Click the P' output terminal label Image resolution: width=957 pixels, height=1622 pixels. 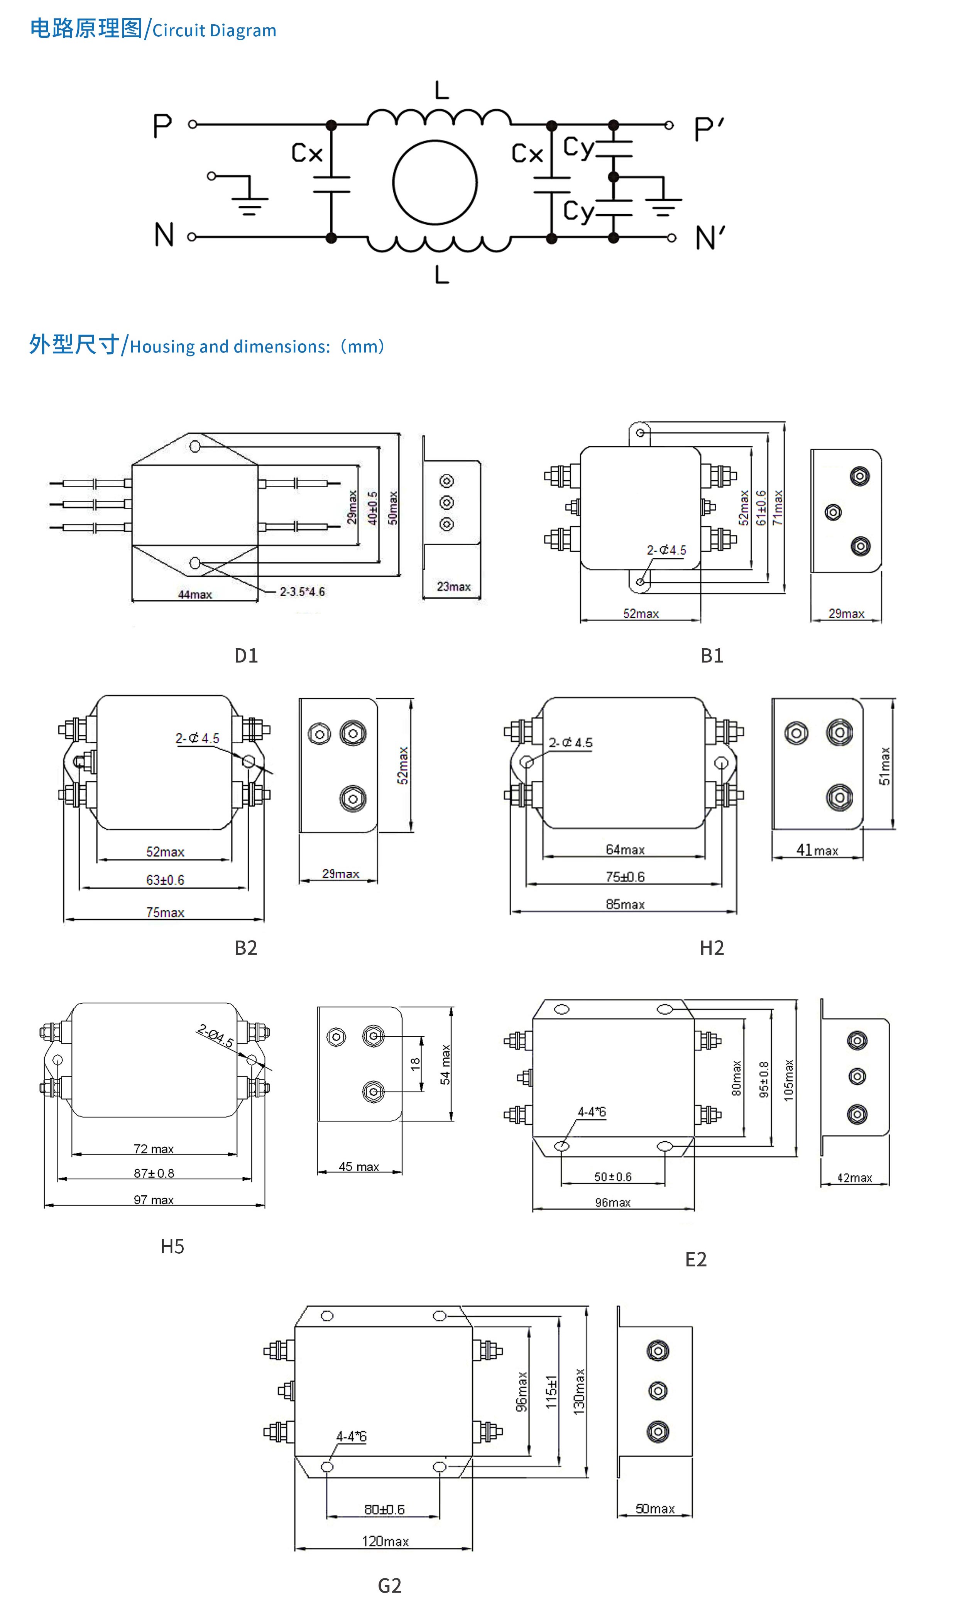point(708,129)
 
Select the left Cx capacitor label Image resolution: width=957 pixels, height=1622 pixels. point(306,154)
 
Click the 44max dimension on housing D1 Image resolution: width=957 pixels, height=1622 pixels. point(195,594)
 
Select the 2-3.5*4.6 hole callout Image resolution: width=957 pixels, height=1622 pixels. point(302,592)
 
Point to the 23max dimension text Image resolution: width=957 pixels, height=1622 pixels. point(453,586)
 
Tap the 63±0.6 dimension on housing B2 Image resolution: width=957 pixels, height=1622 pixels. point(165,880)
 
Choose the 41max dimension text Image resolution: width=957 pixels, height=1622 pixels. point(817,850)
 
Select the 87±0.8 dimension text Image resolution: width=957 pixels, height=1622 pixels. point(154,1173)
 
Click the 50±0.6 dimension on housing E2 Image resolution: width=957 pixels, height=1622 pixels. point(613,1177)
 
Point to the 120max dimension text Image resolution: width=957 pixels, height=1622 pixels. point(385,1541)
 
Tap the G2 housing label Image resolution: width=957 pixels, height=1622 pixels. point(389,1586)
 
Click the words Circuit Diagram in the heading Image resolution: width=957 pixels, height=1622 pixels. point(214,31)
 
